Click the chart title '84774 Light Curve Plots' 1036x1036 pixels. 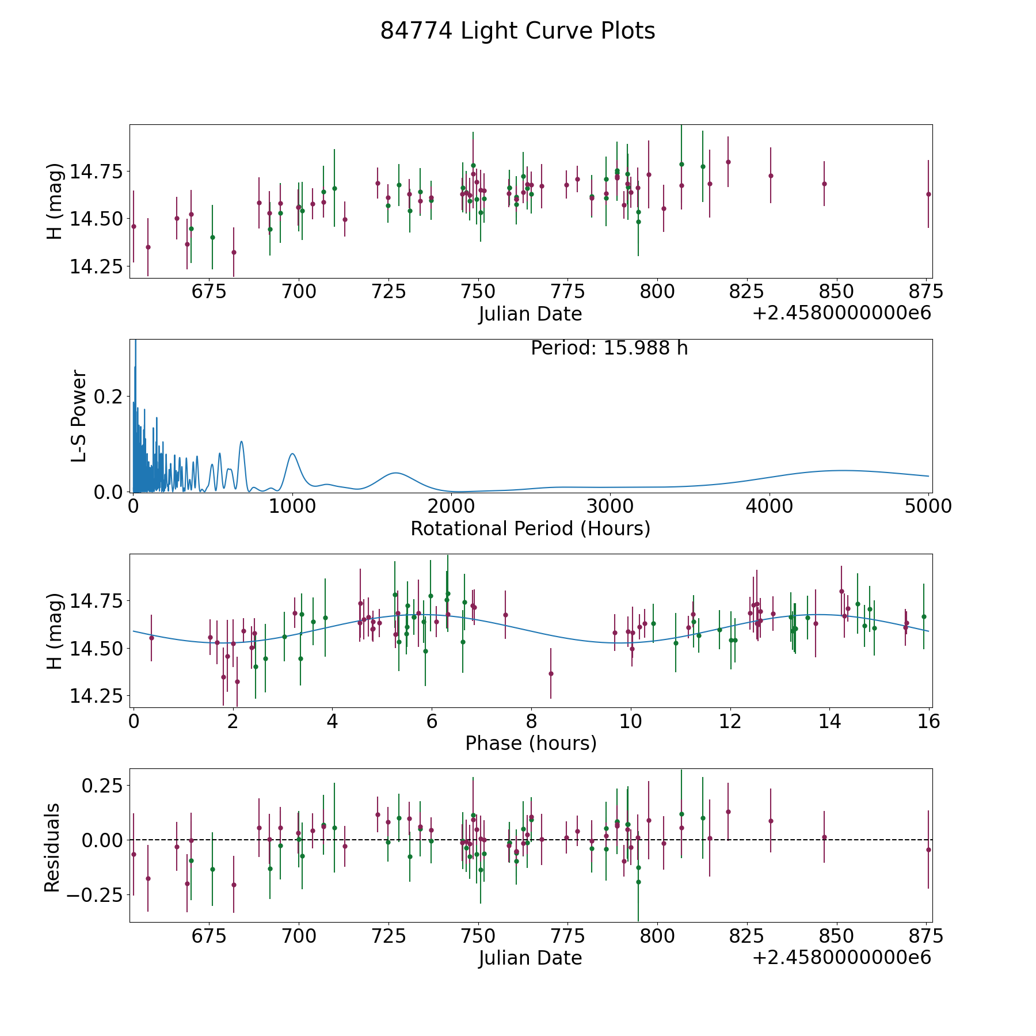[517, 31]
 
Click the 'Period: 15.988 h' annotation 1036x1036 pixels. [609, 348]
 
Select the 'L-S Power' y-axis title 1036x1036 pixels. [79, 416]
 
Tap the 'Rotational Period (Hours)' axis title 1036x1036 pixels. [530, 528]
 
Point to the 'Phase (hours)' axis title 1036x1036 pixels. [531, 743]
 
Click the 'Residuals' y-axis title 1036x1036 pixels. [52, 847]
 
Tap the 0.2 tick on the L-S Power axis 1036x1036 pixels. [111, 397]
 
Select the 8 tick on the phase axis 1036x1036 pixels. [531, 721]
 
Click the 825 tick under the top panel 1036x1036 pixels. [746, 292]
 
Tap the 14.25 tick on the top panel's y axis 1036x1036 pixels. [96, 267]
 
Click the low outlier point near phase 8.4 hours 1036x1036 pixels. [551, 673]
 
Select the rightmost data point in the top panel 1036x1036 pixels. [928, 194]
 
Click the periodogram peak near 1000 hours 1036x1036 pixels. [292, 454]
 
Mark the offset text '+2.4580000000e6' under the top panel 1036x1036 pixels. [841, 314]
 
